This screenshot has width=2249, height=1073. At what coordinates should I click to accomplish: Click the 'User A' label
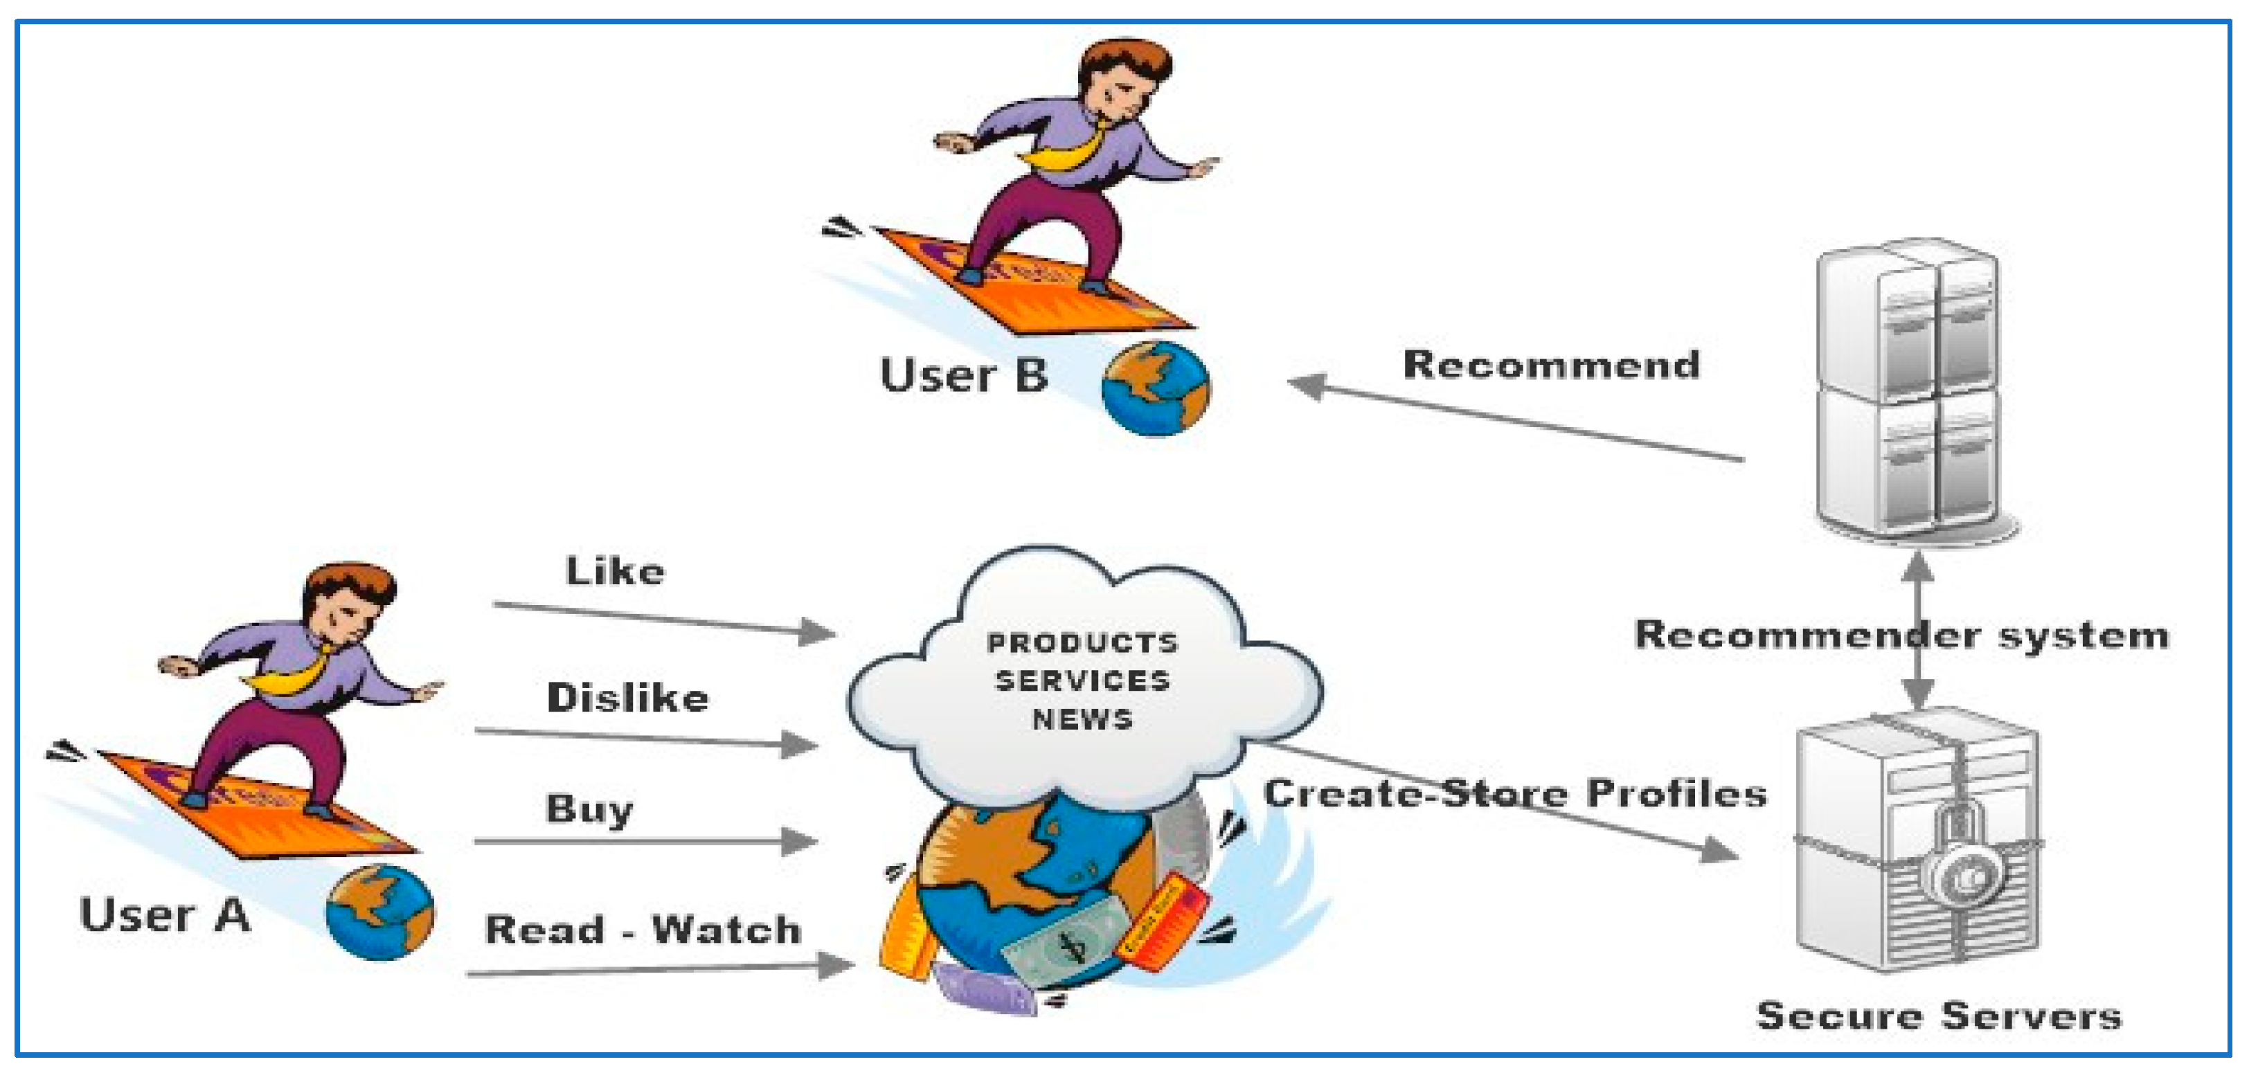click(x=165, y=916)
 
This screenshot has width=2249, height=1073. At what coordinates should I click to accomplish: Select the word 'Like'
click(x=616, y=571)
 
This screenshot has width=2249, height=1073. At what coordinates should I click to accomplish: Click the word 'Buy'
click(x=589, y=809)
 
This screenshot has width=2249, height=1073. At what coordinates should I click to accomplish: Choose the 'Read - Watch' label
click(x=643, y=929)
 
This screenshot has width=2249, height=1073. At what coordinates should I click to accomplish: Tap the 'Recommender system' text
click(x=1901, y=635)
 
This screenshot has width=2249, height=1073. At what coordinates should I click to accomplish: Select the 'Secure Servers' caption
click(x=1939, y=1016)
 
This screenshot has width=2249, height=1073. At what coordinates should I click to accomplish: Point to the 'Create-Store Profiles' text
click(x=1515, y=793)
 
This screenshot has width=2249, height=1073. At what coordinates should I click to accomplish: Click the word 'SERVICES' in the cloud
click(x=1082, y=681)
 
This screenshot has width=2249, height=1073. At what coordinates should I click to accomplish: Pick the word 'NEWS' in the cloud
click(x=1082, y=719)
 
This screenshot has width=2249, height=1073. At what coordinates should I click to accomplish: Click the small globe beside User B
click(x=1156, y=388)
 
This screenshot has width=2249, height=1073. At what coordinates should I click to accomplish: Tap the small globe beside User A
click(x=379, y=912)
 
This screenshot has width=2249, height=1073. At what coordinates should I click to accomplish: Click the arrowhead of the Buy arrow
click(x=799, y=842)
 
